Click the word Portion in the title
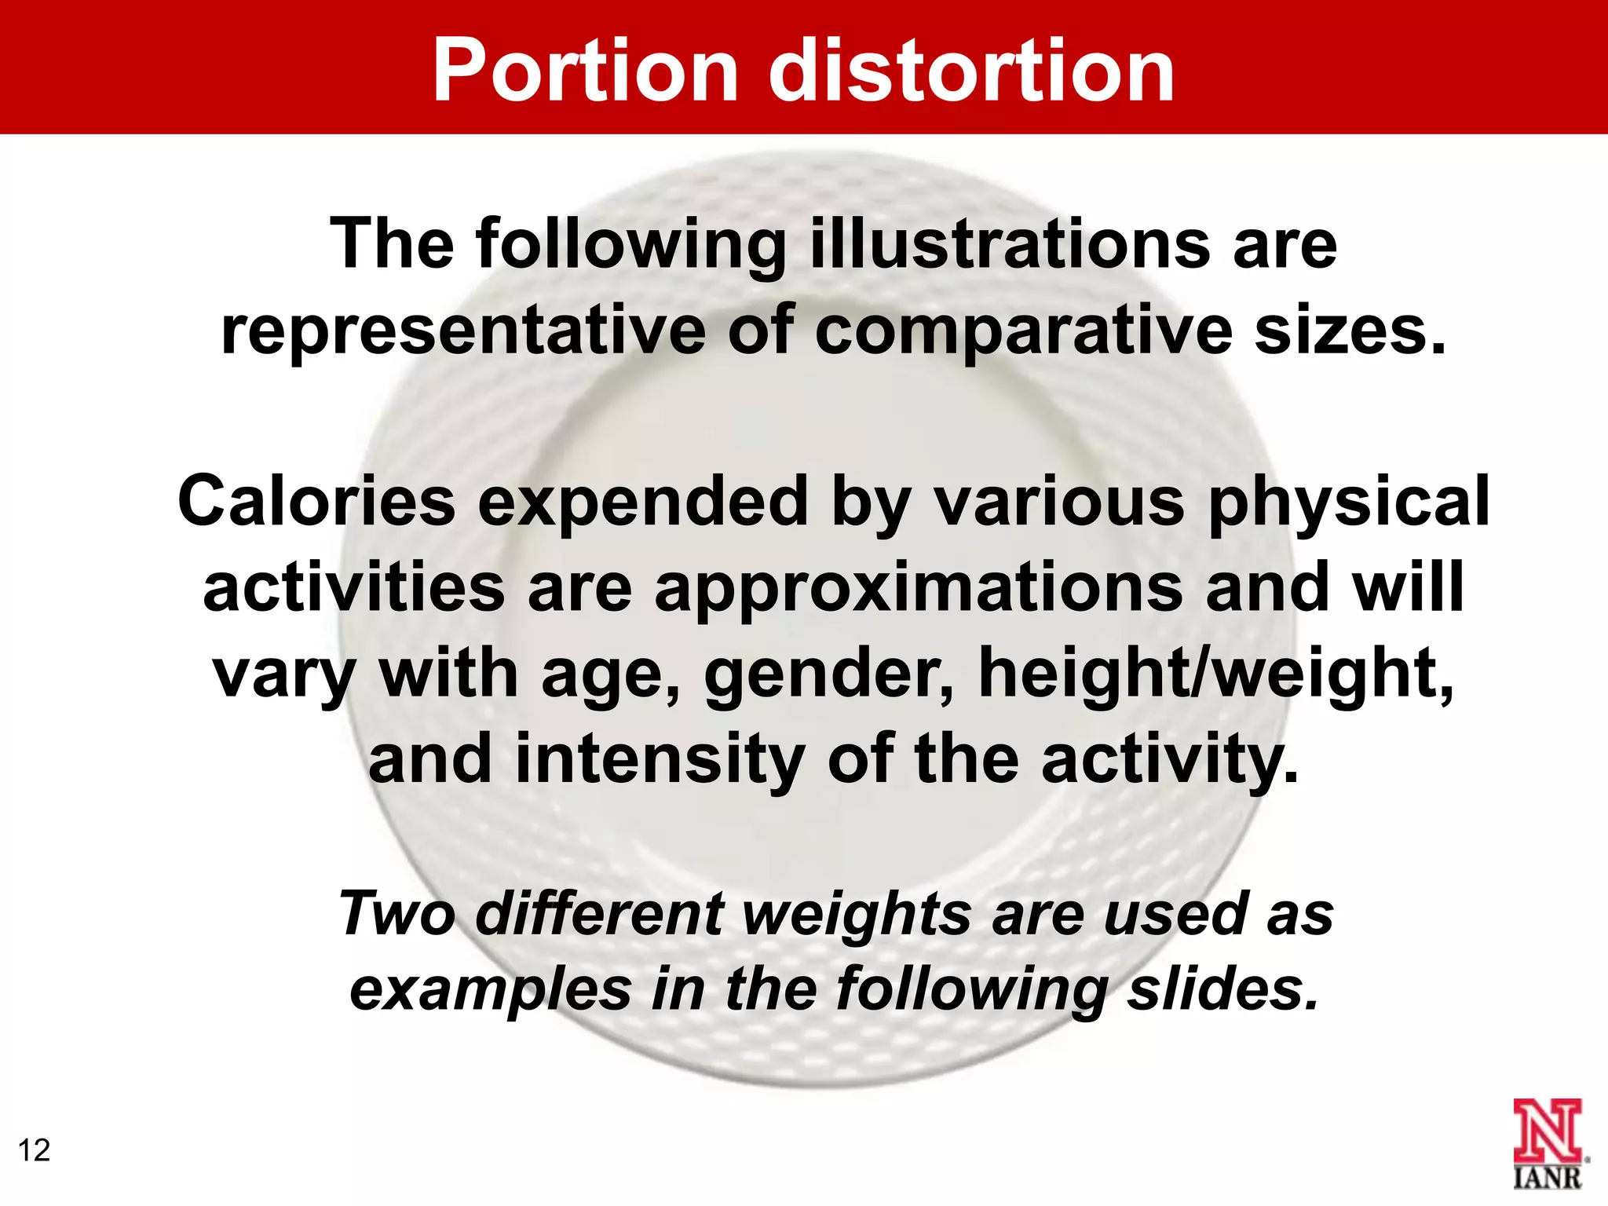tap(586, 72)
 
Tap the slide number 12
tap(34, 1150)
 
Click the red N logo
tap(1547, 1131)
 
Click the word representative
tap(463, 330)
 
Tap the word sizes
tap(1350, 330)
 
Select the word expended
tap(643, 502)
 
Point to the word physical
tap(1349, 502)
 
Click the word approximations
tap(919, 589)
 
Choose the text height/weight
tap(1216, 674)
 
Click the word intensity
tap(660, 758)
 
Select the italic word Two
tap(397, 914)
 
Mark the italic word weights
tap(856, 915)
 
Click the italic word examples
tap(491, 989)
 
